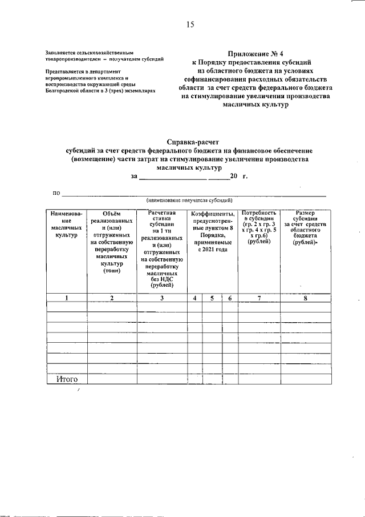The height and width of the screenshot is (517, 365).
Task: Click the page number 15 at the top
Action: coord(190,24)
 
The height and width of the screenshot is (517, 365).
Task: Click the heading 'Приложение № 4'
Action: coord(262,52)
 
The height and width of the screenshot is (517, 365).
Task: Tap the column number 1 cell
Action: coord(67,298)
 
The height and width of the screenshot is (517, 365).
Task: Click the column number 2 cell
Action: coord(112,298)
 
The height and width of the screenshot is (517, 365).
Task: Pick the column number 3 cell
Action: coord(162,298)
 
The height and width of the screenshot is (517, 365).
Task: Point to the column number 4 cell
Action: coord(195,298)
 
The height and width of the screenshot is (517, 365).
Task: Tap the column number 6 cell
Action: coord(229,298)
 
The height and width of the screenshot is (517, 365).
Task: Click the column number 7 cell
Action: coord(259,298)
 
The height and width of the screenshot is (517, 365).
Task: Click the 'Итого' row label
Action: coord(67,379)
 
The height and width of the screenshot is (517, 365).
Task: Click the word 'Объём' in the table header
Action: coord(112,214)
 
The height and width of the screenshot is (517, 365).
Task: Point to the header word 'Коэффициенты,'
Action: coord(213,214)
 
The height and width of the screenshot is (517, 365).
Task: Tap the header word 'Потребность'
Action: coord(259,213)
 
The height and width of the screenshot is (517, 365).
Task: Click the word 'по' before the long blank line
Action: coord(56,193)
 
